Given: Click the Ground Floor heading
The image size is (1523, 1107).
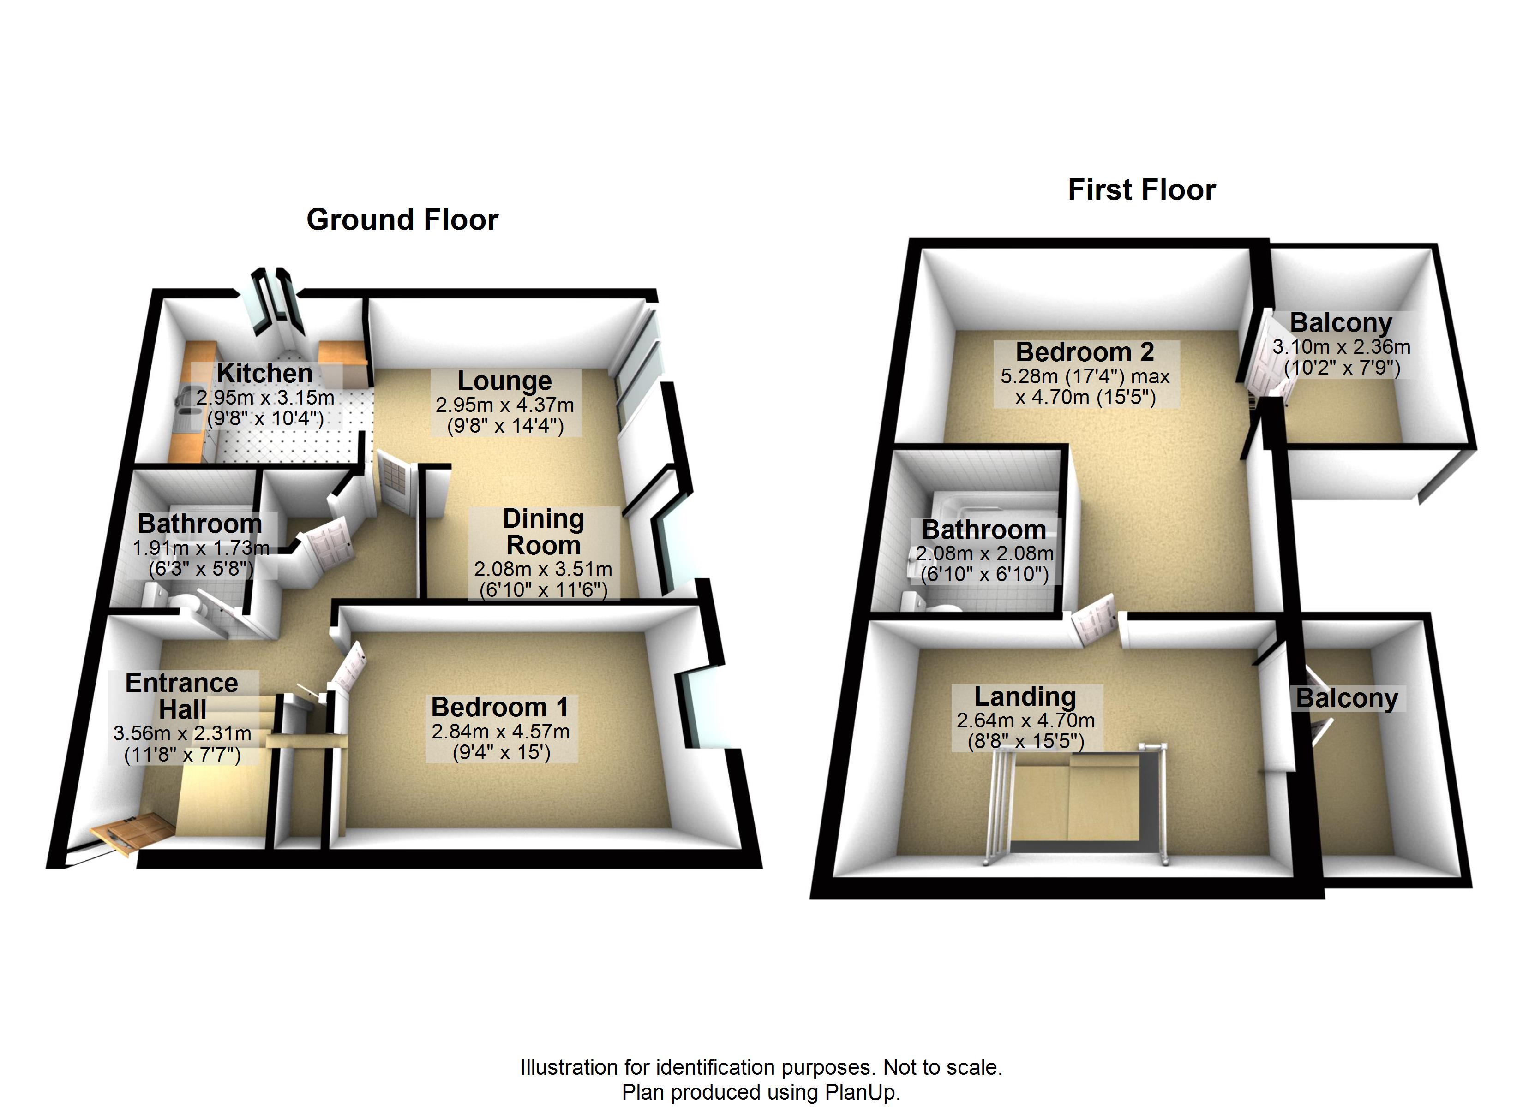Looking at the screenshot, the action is coord(402,220).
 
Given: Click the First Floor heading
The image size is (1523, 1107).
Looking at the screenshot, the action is coord(1142,190).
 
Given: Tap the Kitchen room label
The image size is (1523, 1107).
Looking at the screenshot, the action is coord(264,373).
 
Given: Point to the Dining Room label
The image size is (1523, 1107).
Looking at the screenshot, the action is coord(543,532).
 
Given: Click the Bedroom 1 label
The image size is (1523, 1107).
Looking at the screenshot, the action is coord(500,707).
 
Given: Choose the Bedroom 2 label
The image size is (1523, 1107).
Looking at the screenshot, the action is coord(1085,352).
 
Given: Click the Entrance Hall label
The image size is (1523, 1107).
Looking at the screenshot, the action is coord(182,696).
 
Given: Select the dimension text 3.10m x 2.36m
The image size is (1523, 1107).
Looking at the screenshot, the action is coord(1341,347).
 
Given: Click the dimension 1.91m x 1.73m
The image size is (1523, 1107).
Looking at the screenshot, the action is coord(201,548).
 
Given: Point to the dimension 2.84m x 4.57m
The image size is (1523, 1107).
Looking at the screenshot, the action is coord(500,731).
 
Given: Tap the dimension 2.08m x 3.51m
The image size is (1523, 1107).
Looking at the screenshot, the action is coord(543,569).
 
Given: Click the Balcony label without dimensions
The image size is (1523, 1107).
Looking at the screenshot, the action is coord(1347,698).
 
